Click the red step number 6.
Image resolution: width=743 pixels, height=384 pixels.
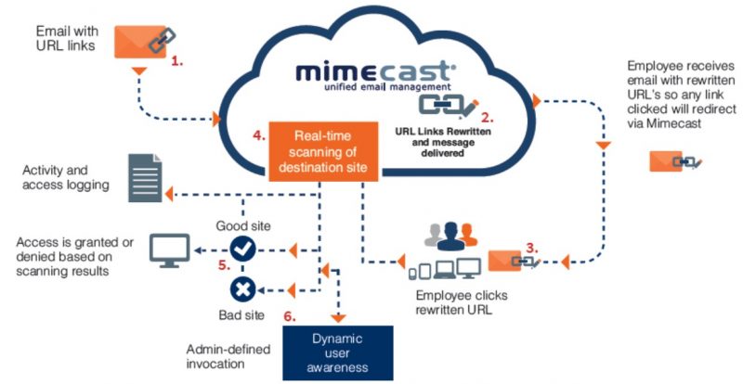(291, 315)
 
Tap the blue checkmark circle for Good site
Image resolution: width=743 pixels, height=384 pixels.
(242, 249)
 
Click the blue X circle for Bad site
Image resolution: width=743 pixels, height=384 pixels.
(242, 289)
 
